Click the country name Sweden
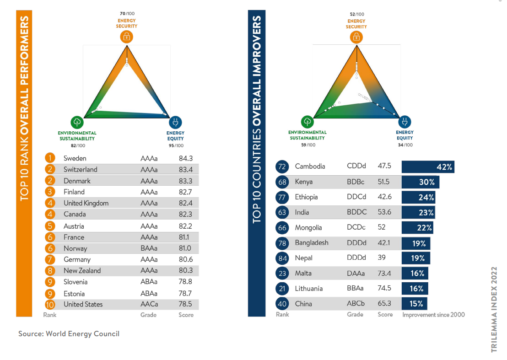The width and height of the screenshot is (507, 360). (75, 158)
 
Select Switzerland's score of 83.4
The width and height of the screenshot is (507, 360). (186, 170)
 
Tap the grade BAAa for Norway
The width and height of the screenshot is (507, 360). (149, 248)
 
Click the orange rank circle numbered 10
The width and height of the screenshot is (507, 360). (50, 304)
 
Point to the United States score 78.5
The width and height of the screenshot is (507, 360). (186, 304)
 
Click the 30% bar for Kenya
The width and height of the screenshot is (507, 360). (421, 182)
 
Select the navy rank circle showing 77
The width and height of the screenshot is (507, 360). (282, 197)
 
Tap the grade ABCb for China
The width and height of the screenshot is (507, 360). (356, 303)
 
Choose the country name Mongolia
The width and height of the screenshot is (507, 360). (308, 227)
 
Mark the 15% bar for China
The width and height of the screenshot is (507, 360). (415, 303)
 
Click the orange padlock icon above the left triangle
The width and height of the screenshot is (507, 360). (127, 37)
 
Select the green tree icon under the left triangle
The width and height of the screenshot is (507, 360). (77, 122)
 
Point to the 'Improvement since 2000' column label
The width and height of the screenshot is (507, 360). (433, 315)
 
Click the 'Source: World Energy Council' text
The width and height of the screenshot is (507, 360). (69, 333)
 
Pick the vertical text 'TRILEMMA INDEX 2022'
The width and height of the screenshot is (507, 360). (494, 309)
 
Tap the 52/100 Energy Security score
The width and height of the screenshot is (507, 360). (356, 15)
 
